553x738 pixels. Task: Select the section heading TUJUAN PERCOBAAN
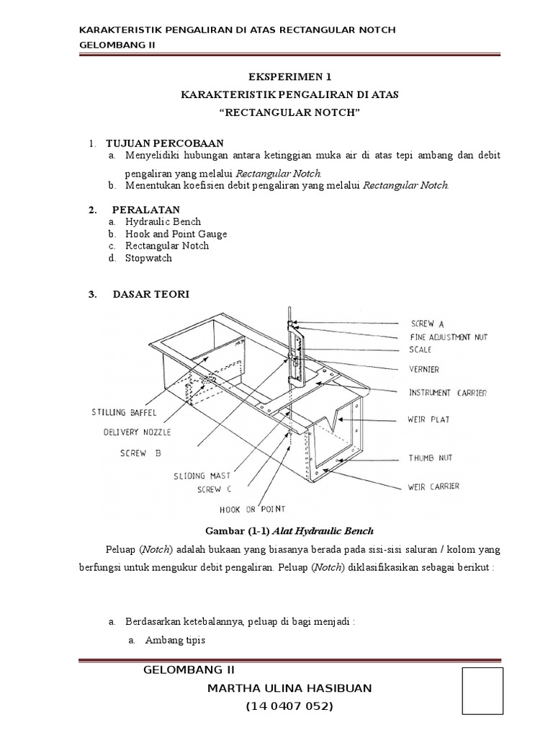pos(164,143)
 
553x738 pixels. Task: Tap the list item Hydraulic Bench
pos(163,222)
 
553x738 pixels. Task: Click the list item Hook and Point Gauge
pos(176,234)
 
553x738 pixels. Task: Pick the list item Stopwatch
pos(148,257)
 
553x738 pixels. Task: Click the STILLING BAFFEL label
pos(124,413)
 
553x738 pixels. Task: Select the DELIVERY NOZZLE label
pos(137,432)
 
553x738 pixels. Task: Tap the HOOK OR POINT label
pos(253,509)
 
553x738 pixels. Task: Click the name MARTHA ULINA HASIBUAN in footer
pos(289,688)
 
